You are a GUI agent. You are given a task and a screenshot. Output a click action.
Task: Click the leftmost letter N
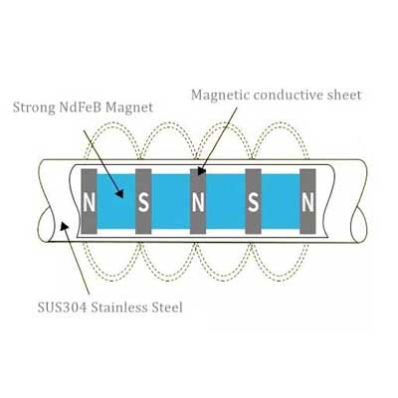coord(89,203)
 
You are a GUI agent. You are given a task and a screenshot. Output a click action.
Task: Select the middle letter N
coord(198,203)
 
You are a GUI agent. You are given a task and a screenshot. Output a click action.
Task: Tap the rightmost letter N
coord(307,203)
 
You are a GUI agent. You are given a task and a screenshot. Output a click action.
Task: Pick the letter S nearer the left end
coord(143,203)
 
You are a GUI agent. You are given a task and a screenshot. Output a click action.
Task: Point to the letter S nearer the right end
coord(253,203)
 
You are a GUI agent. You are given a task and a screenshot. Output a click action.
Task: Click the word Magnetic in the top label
coord(220,96)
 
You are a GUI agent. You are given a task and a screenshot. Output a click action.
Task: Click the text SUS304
coord(62,307)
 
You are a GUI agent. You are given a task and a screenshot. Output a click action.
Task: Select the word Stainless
coord(119,307)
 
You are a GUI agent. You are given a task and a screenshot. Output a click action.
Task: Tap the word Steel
coord(167,307)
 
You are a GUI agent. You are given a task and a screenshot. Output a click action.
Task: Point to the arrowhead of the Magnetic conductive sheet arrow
coord(201,171)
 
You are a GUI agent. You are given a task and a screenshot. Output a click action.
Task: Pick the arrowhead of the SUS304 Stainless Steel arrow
coord(65,227)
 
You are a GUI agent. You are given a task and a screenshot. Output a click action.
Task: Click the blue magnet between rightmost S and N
coord(281,201)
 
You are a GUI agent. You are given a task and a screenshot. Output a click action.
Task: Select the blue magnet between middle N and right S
coord(226,201)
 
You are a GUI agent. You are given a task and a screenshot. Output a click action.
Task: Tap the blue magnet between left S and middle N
coord(171,201)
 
